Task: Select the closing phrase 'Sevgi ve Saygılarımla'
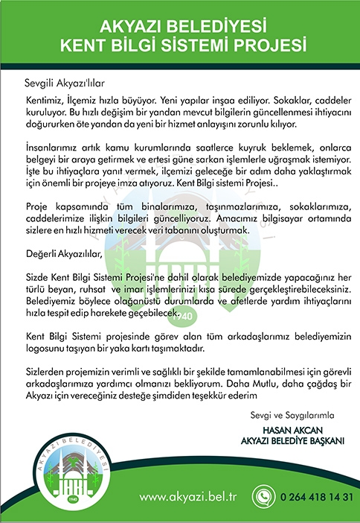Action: tap(297, 414)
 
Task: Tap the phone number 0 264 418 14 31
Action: tap(314, 497)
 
